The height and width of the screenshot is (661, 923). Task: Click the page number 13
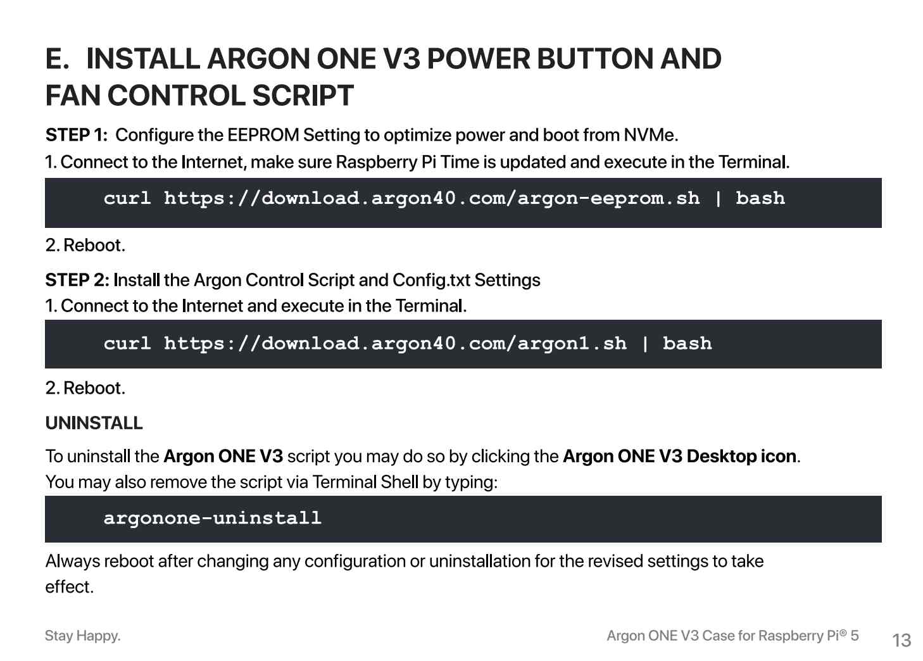(901, 640)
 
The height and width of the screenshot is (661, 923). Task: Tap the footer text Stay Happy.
(82, 636)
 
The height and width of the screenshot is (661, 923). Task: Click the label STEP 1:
(76, 135)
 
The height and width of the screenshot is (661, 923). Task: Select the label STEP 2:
(77, 280)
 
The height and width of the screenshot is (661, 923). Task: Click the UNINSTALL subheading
(94, 423)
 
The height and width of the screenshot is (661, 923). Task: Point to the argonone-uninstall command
(212, 518)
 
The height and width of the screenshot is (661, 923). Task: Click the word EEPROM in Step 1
(263, 135)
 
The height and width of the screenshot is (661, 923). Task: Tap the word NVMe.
(651, 135)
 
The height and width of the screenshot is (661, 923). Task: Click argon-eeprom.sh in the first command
(608, 199)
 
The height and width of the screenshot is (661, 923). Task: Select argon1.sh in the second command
(572, 344)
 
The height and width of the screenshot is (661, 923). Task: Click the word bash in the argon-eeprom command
(760, 198)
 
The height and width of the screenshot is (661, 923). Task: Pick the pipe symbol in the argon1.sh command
(645, 344)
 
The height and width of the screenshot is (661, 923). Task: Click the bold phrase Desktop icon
(741, 456)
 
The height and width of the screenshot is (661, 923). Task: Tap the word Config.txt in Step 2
(431, 280)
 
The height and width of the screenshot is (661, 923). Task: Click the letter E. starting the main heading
(57, 58)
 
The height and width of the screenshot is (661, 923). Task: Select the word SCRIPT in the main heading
(303, 96)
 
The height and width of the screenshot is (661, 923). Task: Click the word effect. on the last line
(70, 587)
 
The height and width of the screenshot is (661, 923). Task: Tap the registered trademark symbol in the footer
(843, 633)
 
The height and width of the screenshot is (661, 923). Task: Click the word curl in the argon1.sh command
(127, 344)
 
